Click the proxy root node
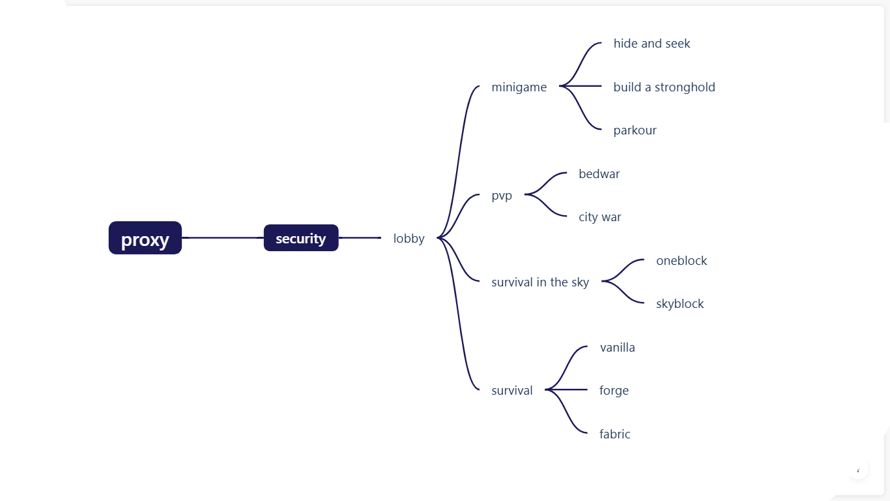(145, 238)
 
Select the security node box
(301, 238)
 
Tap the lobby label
(409, 239)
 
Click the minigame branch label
(519, 87)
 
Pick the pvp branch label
(502, 196)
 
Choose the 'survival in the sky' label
(540, 282)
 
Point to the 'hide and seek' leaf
(652, 44)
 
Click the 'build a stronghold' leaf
(664, 87)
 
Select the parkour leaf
(635, 130)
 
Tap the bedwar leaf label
(599, 174)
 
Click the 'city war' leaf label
(599, 217)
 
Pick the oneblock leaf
(682, 261)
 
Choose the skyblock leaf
(680, 304)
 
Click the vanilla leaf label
(617, 348)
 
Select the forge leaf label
(614, 391)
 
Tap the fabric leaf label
(614, 434)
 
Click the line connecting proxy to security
(222, 238)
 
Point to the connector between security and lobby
(360, 238)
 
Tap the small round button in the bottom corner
(858, 470)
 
